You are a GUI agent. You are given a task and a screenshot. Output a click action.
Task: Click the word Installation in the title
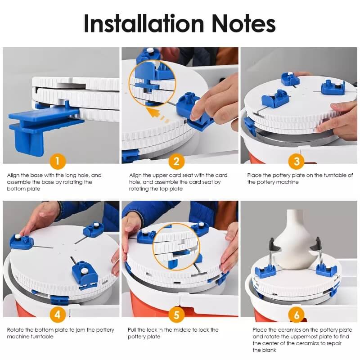[x=144, y=23]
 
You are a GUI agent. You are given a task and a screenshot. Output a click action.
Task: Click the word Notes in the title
[x=243, y=23]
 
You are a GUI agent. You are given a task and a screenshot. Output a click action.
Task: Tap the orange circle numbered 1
[x=58, y=162]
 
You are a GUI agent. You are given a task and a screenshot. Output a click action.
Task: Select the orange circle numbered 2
[x=176, y=162]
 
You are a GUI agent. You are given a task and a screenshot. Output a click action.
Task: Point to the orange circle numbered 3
[x=297, y=162]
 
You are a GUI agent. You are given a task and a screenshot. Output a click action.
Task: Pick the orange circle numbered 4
[x=58, y=315]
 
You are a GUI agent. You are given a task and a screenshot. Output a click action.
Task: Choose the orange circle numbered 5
[x=176, y=315]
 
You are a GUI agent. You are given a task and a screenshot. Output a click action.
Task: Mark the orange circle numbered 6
[x=297, y=315]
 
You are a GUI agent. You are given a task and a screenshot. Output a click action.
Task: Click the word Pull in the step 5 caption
[x=132, y=330]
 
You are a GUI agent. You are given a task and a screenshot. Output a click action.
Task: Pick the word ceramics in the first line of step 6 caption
[x=289, y=330]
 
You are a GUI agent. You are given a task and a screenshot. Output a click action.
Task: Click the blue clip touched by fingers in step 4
[x=22, y=242]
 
